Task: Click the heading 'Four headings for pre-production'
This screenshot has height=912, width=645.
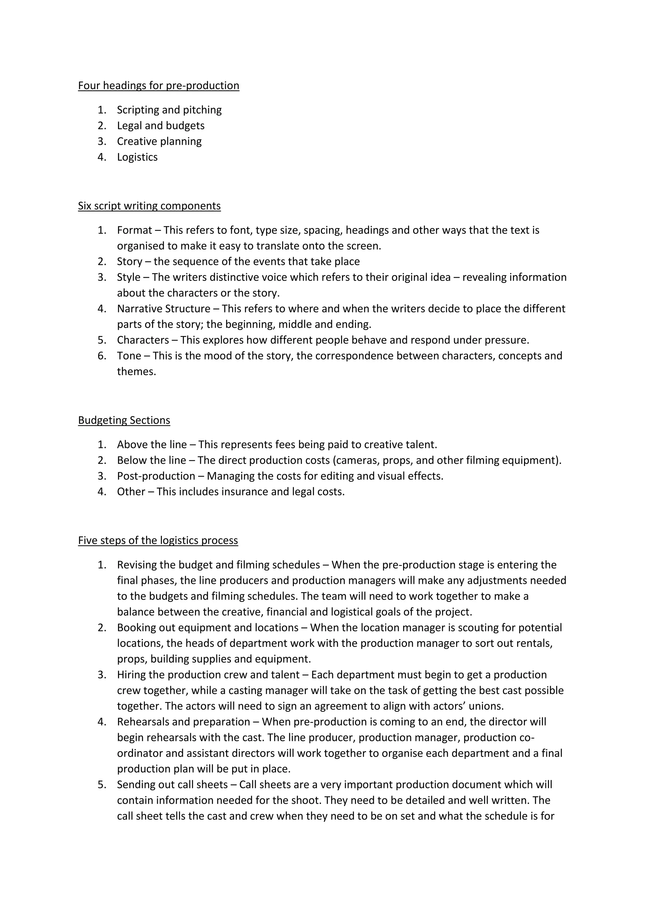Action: [x=158, y=85]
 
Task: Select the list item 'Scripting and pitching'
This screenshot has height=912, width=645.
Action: [x=169, y=110]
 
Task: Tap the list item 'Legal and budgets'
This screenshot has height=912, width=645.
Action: [x=160, y=126]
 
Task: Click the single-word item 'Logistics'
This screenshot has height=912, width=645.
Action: [x=137, y=157]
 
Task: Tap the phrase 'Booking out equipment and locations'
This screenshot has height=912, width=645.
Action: [x=207, y=628]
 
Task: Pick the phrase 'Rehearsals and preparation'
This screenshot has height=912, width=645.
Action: [x=184, y=722]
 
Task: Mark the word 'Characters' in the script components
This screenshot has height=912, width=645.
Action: [x=143, y=340]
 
